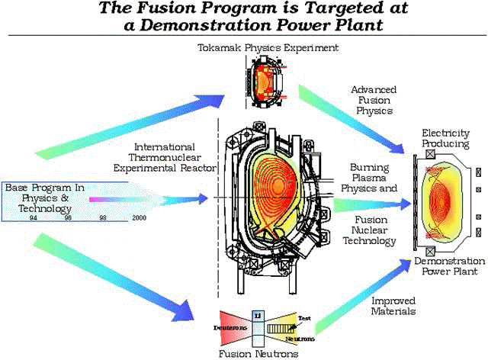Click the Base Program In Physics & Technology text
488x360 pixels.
(45, 192)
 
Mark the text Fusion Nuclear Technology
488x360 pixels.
(374, 230)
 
